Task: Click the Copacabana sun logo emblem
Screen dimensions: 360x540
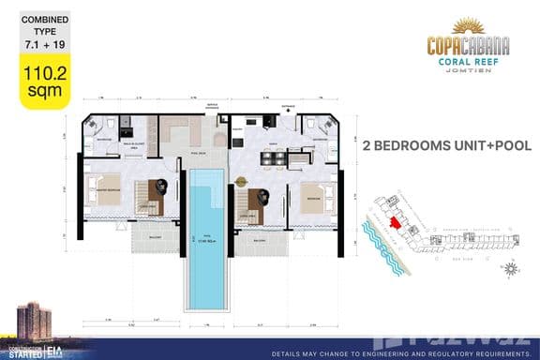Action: [x=468, y=26]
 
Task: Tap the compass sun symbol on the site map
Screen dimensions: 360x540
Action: [x=510, y=271]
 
